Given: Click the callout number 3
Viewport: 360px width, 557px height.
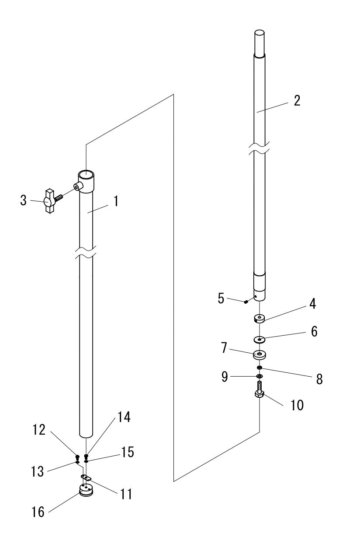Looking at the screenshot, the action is (23, 200).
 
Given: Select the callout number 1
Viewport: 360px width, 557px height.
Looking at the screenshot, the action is (116, 201).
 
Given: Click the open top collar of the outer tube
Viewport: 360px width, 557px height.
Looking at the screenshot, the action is (86, 181).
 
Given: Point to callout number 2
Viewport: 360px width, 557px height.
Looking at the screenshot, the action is (297, 101).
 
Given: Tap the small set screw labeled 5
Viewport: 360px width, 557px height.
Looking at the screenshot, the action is (246, 302).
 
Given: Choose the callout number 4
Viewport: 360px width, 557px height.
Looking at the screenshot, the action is (312, 304).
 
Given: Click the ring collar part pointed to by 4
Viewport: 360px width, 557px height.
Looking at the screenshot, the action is (259, 319).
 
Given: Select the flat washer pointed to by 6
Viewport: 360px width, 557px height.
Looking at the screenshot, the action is (260, 340).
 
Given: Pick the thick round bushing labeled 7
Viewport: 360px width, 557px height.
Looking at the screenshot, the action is (260, 355).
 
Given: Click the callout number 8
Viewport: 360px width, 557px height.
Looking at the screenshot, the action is (319, 379).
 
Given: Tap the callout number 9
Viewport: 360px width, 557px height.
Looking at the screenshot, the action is (225, 377).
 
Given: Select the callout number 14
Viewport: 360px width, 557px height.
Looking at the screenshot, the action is (124, 417).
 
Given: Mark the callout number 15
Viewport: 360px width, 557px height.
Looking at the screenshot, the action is (128, 452).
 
